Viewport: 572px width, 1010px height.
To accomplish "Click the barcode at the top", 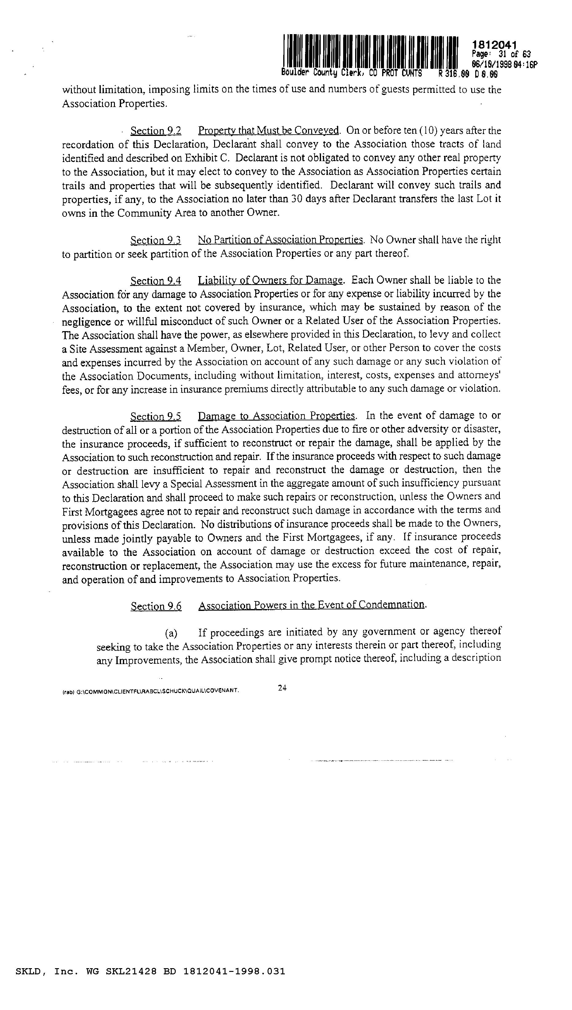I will [x=370, y=52].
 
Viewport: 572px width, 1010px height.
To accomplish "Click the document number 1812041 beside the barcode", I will [x=494, y=45].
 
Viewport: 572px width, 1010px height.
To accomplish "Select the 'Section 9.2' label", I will [x=155, y=131].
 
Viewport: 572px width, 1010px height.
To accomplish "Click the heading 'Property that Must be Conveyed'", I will [x=268, y=131].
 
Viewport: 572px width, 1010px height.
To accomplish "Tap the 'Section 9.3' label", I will [x=155, y=240].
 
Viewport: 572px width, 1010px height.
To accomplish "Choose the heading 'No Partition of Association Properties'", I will [x=280, y=240].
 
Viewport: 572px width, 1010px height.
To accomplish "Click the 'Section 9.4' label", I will [x=155, y=281].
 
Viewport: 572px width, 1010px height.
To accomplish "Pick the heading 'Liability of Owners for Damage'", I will [x=270, y=281].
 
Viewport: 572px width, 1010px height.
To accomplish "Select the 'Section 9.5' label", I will [x=155, y=416].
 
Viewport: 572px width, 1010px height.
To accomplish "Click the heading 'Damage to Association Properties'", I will [x=276, y=416].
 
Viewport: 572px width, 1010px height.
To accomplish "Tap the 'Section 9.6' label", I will [x=156, y=606].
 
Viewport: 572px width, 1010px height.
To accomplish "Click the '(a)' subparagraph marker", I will [x=171, y=633].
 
